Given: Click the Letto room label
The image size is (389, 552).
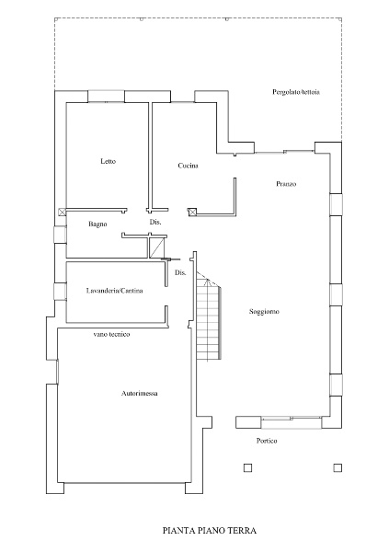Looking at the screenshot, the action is [x=109, y=161].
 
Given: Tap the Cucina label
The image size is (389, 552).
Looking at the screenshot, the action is [x=188, y=166].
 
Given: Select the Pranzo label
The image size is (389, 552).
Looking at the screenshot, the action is [x=286, y=184].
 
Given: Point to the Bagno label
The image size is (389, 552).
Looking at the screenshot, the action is [x=97, y=224].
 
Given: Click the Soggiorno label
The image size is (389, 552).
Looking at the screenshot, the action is [x=264, y=312].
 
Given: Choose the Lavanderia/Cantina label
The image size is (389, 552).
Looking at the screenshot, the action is [x=114, y=291].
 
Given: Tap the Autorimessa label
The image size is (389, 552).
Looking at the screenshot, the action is [x=140, y=393].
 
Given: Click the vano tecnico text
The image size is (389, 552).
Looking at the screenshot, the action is [x=111, y=334].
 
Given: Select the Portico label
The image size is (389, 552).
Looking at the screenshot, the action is [x=267, y=441].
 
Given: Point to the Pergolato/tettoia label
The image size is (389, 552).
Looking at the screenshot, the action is [x=296, y=92].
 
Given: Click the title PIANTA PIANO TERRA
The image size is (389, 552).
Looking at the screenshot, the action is [x=210, y=531].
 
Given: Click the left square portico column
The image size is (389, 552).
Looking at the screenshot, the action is [x=247, y=467].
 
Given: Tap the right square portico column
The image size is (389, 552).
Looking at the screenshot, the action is [x=338, y=467].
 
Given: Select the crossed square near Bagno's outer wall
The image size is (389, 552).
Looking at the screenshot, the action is [x=62, y=212].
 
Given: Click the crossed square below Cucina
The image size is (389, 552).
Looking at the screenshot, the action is [x=192, y=212].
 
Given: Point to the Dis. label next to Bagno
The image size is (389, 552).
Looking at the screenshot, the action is [x=155, y=222].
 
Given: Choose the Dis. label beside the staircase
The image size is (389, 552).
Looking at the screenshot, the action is [x=180, y=273].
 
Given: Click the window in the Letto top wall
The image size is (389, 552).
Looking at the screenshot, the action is [x=106, y=97].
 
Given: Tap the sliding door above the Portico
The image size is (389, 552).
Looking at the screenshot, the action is [x=292, y=422].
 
